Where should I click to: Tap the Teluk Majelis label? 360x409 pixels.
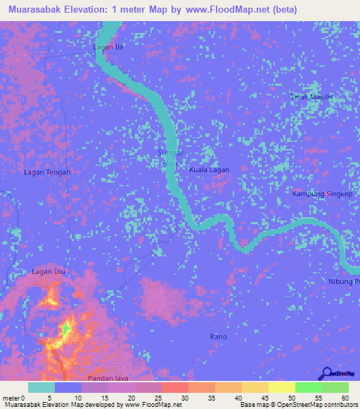click(x=311, y=97)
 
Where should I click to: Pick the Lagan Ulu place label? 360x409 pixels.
click(x=49, y=271)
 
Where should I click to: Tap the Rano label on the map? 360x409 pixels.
click(x=218, y=337)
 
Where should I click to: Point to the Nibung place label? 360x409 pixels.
click(x=343, y=282)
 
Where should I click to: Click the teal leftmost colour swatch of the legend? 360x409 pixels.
click(x=41, y=387)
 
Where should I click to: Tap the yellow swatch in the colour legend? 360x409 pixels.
click(x=281, y=387)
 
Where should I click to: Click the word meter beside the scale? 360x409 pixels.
click(x=12, y=398)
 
